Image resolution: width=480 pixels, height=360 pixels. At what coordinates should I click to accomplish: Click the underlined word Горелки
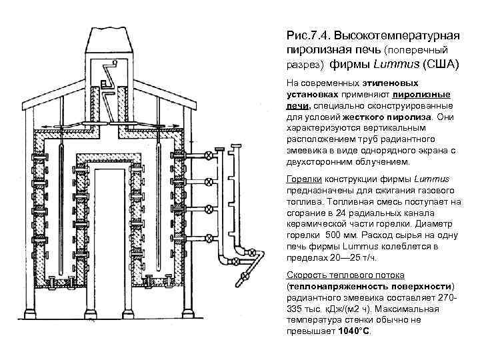302,180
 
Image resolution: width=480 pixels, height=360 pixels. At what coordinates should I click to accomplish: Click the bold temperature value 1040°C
353,331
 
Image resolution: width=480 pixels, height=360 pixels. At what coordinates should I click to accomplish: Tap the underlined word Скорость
307,275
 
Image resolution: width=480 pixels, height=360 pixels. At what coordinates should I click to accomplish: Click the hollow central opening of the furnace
109,233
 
